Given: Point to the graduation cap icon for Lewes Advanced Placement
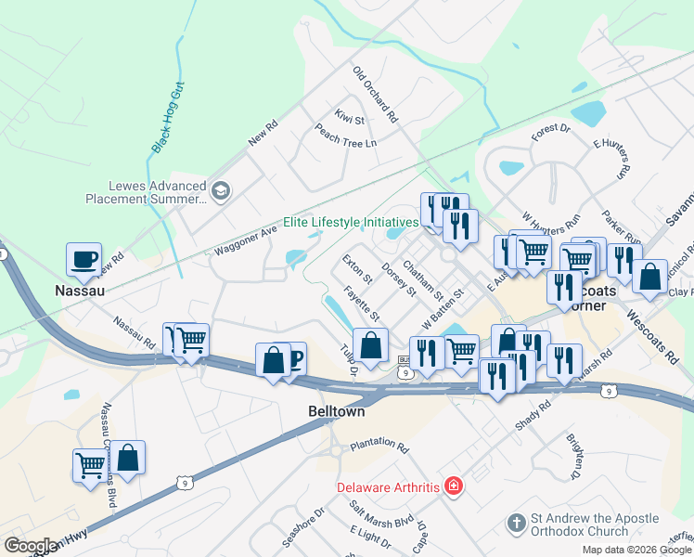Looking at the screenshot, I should pyautogui.click(x=221, y=191).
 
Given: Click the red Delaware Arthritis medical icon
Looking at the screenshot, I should pyautogui.click(x=453, y=486).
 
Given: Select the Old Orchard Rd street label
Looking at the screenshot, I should pyautogui.click(x=375, y=95).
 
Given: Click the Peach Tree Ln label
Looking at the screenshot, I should pyautogui.click(x=345, y=136).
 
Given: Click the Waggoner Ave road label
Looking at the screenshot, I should pyautogui.click(x=246, y=240).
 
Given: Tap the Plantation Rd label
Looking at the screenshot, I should pyautogui.click(x=379, y=447).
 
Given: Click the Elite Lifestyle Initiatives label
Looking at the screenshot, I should pyautogui.click(x=351, y=223).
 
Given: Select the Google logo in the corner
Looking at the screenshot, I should pyautogui.click(x=31, y=546).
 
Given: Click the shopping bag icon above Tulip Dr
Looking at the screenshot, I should pyautogui.click(x=370, y=346).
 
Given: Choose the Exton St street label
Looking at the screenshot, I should pyautogui.click(x=356, y=269).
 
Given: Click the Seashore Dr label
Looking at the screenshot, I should pyautogui.click(x=303, y=526).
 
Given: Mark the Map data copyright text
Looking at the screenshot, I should pyautogui.click(x=637, y=550).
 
